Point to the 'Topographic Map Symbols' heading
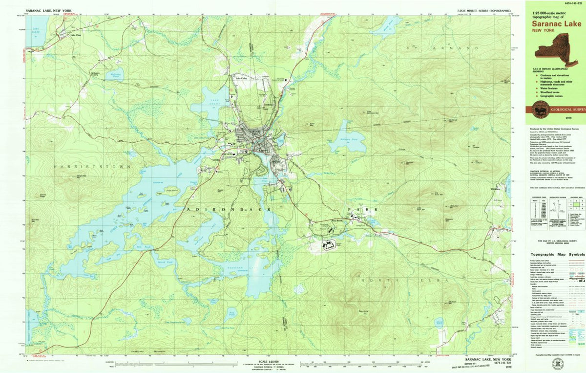[556, 255]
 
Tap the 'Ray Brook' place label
[338, 221]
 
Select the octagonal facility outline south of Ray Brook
[330, 244]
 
